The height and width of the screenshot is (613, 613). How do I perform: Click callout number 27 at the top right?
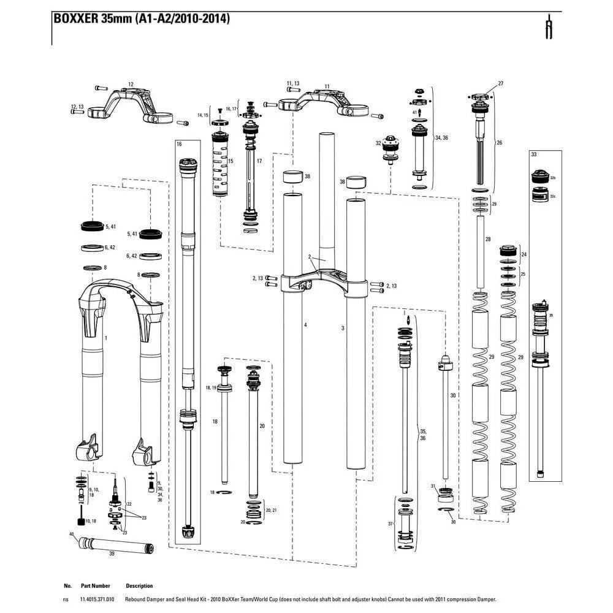pyautogui.click(x=500, y=83)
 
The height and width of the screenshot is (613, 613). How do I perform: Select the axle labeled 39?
pyautogui.click(x=98, y=542)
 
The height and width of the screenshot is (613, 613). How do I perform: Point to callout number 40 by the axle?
pyautogui.click(x=72, y=534)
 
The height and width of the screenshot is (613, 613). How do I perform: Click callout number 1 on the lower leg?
pyautogui.click(x=106, y=338)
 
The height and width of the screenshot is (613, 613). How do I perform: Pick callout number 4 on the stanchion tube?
pyautogui.click(x=305, y=324)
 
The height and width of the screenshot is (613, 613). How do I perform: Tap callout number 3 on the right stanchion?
pyautogui.click(x=343, y=329)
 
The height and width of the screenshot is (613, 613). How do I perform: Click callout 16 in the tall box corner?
pyautogui.click(x=179, y=144)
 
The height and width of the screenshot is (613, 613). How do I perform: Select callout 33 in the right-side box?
pyautogui.click(x=533, y=154)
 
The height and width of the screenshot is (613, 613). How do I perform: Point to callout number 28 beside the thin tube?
pyautogui.click(x=488, y=238)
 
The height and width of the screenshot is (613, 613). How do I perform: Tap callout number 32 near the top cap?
pyautogui.click(x=378, y=143)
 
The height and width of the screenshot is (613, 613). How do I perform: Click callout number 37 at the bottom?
pyautogui.click(x=390, y=524)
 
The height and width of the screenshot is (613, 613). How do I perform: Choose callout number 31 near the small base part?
pyautogui.click(x=433, y=486)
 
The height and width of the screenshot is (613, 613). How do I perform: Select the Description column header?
pyautogui.click(x=139, y=586)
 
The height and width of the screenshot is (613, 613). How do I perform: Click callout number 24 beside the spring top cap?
pyautogui.click(x=524, y=254)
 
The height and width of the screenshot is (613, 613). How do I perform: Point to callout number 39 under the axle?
pyautogui.click(x=112, y=553)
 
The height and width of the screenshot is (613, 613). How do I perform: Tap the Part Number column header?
pyautogui.click(x=95, y=586)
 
